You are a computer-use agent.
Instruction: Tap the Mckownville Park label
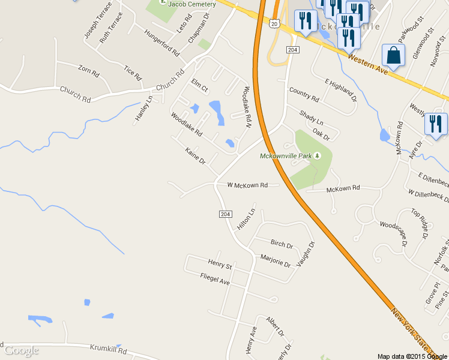(x=286, y=156)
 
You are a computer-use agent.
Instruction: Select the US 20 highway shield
(x=274, y=23)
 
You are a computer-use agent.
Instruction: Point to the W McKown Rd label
(x=247, y=185)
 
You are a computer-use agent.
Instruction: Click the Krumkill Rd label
(x=109, y=349)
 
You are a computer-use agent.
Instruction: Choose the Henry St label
(x=220, y=263)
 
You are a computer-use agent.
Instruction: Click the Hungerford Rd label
(x=162, y=44)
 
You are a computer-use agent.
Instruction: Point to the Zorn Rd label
(x=88, y=71)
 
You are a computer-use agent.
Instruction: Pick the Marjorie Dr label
(x=276, y=260)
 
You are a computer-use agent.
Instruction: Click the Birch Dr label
(x=282, y=244)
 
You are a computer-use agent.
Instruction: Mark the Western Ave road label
(x=367, y=61)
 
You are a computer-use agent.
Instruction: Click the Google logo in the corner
(x=22, y=350)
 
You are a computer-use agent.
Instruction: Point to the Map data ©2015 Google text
(x=413, y=356)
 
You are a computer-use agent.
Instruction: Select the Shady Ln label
(x=311, y=117)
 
